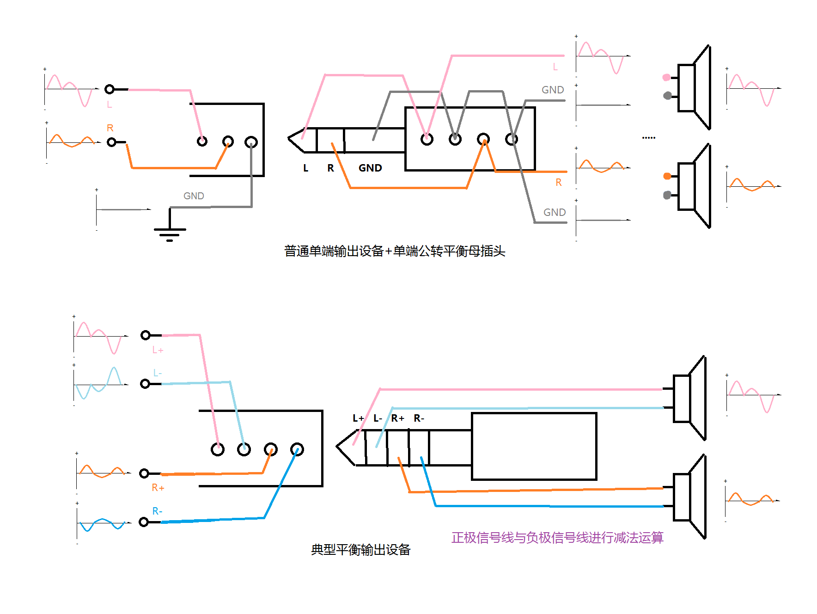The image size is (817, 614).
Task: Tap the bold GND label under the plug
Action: point(370,168)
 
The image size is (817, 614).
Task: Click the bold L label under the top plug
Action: point(305,168)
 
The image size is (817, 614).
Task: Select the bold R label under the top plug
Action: point(330,168)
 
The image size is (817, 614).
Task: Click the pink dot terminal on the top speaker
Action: point(666,77)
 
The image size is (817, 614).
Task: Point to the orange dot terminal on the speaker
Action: point(667,176)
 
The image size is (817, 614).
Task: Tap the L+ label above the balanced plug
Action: point(358,418)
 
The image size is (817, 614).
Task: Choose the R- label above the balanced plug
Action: point(419,418)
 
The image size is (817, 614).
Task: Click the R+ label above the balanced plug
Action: point(397,418)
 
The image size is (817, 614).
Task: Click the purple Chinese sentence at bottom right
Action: point(557,537)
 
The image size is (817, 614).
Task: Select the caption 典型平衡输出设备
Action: point(360,549)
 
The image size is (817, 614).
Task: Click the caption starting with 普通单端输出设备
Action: point(394,251)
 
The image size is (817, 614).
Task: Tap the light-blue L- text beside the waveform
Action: point(157,373)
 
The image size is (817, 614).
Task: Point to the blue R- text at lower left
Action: point(157,511)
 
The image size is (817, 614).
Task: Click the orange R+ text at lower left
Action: point(158,487)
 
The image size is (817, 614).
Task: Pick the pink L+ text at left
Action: point(158,350)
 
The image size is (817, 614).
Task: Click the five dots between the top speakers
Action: point(648,137)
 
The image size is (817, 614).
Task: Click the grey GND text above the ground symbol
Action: point(194,196)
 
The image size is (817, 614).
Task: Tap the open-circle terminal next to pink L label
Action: point(110,89)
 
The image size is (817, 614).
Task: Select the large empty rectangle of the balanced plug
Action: point(534,446)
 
